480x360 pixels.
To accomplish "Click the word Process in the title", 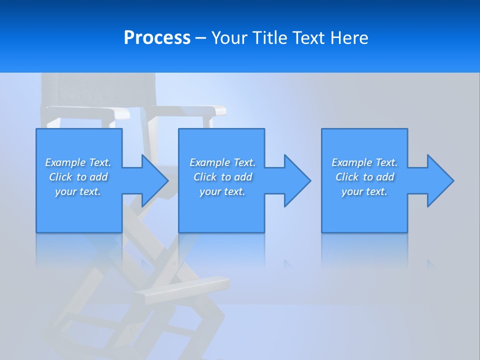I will pos(157,38).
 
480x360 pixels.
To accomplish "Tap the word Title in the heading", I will pos(271,38).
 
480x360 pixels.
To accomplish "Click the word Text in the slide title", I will pos(310,38).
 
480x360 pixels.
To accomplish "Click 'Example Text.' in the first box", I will pos(78,162).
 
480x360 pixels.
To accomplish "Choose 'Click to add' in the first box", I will pos(78,177).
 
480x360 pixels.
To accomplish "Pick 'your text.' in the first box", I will pos(78,191).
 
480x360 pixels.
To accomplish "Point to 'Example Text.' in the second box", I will pos(222,162).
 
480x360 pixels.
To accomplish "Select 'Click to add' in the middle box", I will pos(222,177).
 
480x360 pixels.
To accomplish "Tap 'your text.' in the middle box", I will pos(222,191).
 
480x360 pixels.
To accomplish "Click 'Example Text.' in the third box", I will pos(364,162).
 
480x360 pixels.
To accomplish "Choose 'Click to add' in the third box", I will pos(364,177).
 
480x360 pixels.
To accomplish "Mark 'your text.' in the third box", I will pos(364,191).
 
